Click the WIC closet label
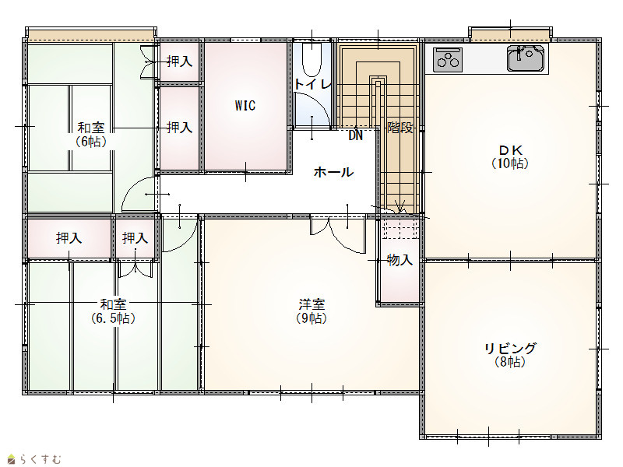pyautogui.click(x=245, y=106)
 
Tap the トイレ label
pyautogui.click(x=313, y=84)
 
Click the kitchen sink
pyautogui.click(x=525, y=58)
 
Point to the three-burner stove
pyautogui.click(x=448, y=60)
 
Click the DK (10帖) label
pyautogui.click(x=510, y=156)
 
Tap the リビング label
pyautogui.click(x=510, y=348)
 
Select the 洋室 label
pyautogui.click(x=312, y=304)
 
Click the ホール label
pyautogui.click(x=333, y=172)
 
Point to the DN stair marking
pyautogui.click(x=356, y=135)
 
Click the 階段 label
pyautogui.click(x=400, y=128)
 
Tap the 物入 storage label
pyautogui.click(x=400, y=260)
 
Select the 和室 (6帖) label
pyautogui.click(x=91, y=135)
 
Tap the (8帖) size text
pyautogui.click(x=510, y=362)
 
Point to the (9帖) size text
pyautogui.click(x=312, y=318)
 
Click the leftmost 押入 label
pyautogui.click(x=69, y=238)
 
